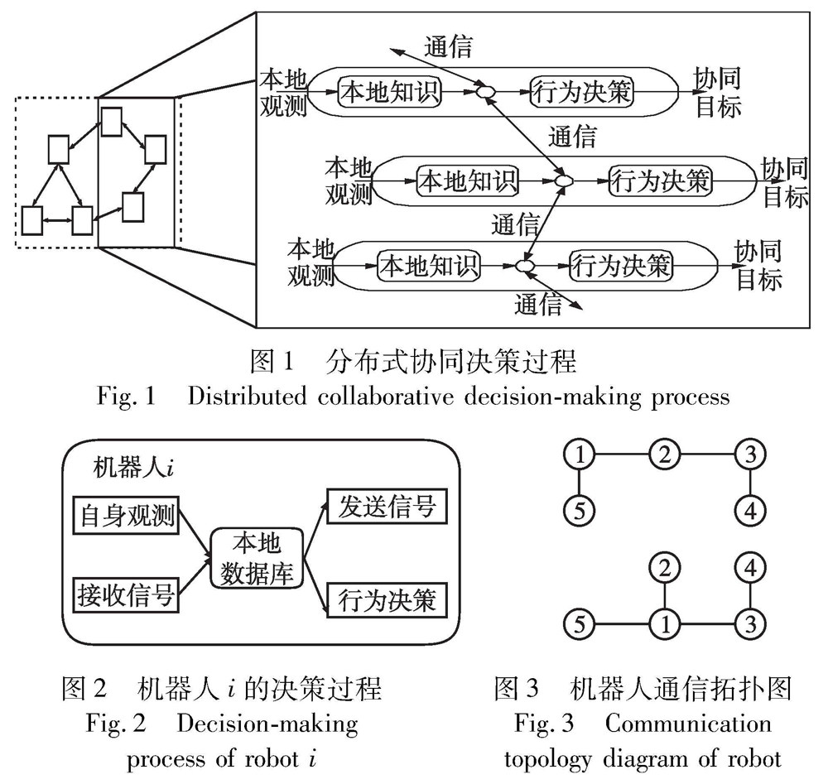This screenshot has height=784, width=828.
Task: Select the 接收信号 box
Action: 128,594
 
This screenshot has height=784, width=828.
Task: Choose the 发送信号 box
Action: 387,507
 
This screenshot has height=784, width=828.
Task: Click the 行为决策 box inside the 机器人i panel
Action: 387,599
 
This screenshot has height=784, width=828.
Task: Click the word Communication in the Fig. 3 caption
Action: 688,723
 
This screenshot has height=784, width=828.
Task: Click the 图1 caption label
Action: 272,361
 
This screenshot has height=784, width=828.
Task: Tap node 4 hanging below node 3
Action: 750,511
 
